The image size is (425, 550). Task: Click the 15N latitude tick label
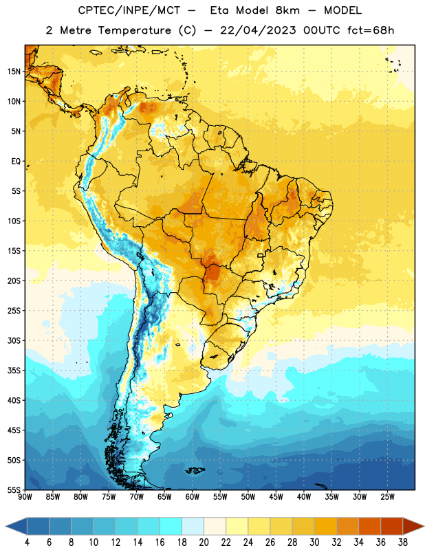tap(14, 71)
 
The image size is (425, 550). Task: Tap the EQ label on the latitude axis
tap(16, 162)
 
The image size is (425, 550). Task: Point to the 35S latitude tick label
tap(14, 371)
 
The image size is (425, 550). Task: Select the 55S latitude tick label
tap(14, 489)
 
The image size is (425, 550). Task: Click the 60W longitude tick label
tap(193, 496)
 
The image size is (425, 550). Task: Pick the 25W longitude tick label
tap(387, 496)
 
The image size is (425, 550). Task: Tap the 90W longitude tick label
tap(25, 496)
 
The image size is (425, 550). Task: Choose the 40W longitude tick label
tap(304, 496)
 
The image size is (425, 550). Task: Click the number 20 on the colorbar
tap(204, 542)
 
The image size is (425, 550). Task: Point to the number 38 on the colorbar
tap(403, 542)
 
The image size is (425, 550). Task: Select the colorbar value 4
tap(27, 542)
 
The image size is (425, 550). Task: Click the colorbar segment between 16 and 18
tap(171, 526)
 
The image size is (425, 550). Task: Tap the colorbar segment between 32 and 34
tap(348, 526)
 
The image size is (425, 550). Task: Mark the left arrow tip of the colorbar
tap(6, 526)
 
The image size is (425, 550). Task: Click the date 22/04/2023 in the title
tap(258, 30)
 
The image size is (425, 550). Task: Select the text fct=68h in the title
tap(371, 30)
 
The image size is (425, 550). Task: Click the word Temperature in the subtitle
tap(134, 30)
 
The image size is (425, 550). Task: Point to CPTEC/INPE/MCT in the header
tap(129, 10)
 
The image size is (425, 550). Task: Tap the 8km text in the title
tap(287, 10)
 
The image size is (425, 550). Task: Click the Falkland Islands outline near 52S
tap(195, 470)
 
